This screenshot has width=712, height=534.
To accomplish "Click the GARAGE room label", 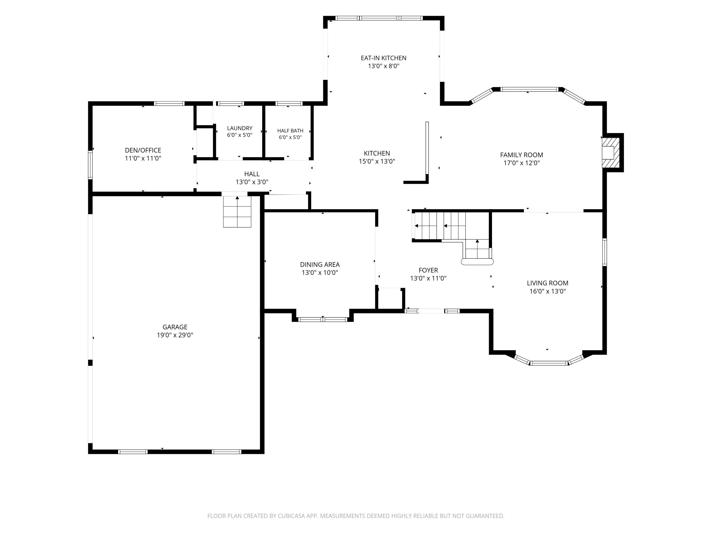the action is pos(175,327).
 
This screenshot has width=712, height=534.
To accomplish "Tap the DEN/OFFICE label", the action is pos(143,150).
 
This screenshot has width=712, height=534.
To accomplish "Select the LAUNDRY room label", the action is pos(239,128).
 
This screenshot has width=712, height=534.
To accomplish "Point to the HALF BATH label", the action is pos(290,131).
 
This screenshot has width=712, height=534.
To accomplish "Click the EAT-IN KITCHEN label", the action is pos(383,58).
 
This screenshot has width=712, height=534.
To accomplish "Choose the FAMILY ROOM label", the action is pos(521,155).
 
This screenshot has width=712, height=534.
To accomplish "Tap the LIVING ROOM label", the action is pos(548,283).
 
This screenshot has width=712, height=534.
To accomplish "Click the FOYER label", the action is pos(428,270).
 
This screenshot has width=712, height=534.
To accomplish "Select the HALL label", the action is pos(252,174).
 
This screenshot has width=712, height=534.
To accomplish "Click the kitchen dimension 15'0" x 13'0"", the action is pos(377,161).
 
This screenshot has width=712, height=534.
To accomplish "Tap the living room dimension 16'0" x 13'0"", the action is pos(548,291).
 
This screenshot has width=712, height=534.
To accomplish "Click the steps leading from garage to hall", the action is pos(237,211).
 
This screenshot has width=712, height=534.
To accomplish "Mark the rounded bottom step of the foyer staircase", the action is pos(477,262).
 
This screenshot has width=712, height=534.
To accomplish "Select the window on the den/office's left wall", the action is pos(90,165).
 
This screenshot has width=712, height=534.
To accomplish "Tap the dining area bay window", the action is pos(323,319).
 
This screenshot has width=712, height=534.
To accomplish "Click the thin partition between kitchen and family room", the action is pos(427,148).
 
